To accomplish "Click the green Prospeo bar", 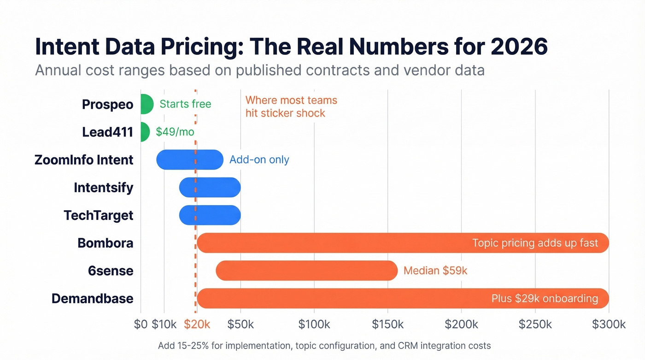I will pyautogui.click(x=146, y=104).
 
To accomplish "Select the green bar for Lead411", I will pyautogui.click(x=145, y=132).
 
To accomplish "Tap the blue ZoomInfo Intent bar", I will pyautogui.click(x=190, y=159).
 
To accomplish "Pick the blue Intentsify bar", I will pyautogui.click(x=210, y=187).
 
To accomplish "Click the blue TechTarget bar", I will pyautogui.click(x=210, y=215).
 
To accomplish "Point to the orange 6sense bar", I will pyautogui.click(x=306, y=271).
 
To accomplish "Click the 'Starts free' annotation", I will pyautogui.click(x=185, y=104).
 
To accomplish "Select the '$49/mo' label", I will pyautogui.click(x=175, y=132).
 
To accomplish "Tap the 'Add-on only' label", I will pyautogui.click(x=259, y=160).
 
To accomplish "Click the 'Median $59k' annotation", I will pyautogui.click(x=435, y=271).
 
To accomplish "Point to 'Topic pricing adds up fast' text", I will pyautogui.click(x=535, y=243).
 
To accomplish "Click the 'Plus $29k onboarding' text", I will pyautogui.click(x=545, y=299).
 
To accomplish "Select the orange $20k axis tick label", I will pyautogui.click(x=197, y=324).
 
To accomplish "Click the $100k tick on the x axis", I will pyautogui.click(x=314, y=324).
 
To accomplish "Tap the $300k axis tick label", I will pyautogui.click(x=609, y=324).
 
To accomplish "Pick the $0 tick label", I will pyautogui.click(x=141, y=324).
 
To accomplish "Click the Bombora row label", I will pyautogui.click(x=106, y=243).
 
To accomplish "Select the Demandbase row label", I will pyautogui.click(x=92, y=299).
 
